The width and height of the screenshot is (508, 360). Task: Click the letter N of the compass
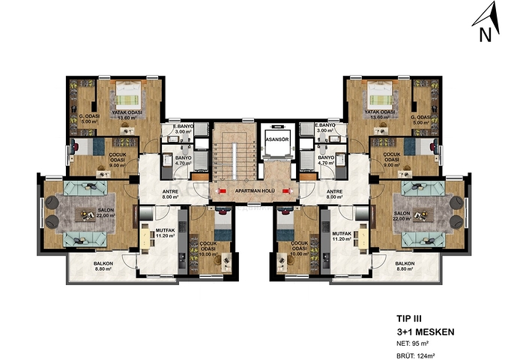point(485,34)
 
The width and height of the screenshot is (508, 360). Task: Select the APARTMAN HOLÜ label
point(253,191)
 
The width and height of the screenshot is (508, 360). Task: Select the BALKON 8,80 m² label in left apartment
point(103,266)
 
